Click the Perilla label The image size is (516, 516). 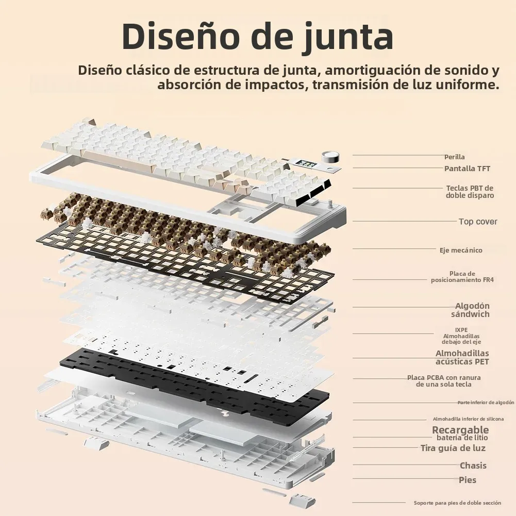pyautogui.click(x=454, y=157)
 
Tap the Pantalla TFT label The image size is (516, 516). pyautogui.click(x=467, y=169)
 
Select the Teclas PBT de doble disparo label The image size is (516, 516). pyautogui.click(x=470, y=192)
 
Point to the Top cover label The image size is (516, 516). pyautogui.click(x=478, y=222)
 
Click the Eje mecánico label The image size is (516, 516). pyautogui.click(x=461, y=250)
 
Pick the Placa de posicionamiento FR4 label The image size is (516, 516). pyautogui.click(x=462, y=277)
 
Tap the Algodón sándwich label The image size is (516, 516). pyautogui.click(x=471, y=310)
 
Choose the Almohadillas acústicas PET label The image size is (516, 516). pyautogui.click(x=462, y=357)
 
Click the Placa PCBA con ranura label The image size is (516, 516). pyautogui.click(x=444, y=381)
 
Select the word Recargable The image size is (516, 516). pyautogui.click(x=460, y=430)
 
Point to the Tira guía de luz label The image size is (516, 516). pyautogui.click(x=453, y=448)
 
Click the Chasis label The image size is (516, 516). pyautogui.click(x=473, y=465)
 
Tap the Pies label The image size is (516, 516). pyautogui.click(x=468, y=480)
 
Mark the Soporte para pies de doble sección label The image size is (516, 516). pyautogui.click(x=457, y=503)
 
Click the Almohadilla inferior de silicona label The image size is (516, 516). pyautogui.click(x=468, y=419)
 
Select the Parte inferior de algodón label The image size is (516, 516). pyautogui.click(x=486, y=403)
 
